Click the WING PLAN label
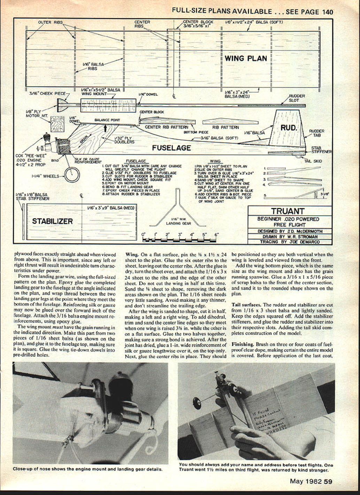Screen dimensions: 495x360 coord(246,58)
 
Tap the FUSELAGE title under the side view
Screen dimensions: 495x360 coord(171,148)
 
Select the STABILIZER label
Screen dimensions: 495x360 coord(52,221)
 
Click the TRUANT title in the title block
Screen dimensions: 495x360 coord(288,211)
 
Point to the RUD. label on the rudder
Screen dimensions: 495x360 coord(288,128)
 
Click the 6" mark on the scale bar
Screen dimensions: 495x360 coord(216,235)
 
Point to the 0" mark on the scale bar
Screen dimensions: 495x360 coord(143,235)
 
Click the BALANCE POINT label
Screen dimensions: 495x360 coord(107,120)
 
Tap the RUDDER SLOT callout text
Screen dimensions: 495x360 coord(297,98)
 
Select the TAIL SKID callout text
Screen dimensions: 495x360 coord(313,161)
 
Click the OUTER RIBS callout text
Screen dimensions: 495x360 coord(50,22)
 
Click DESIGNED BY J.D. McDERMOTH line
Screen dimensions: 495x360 coord(290,231)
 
